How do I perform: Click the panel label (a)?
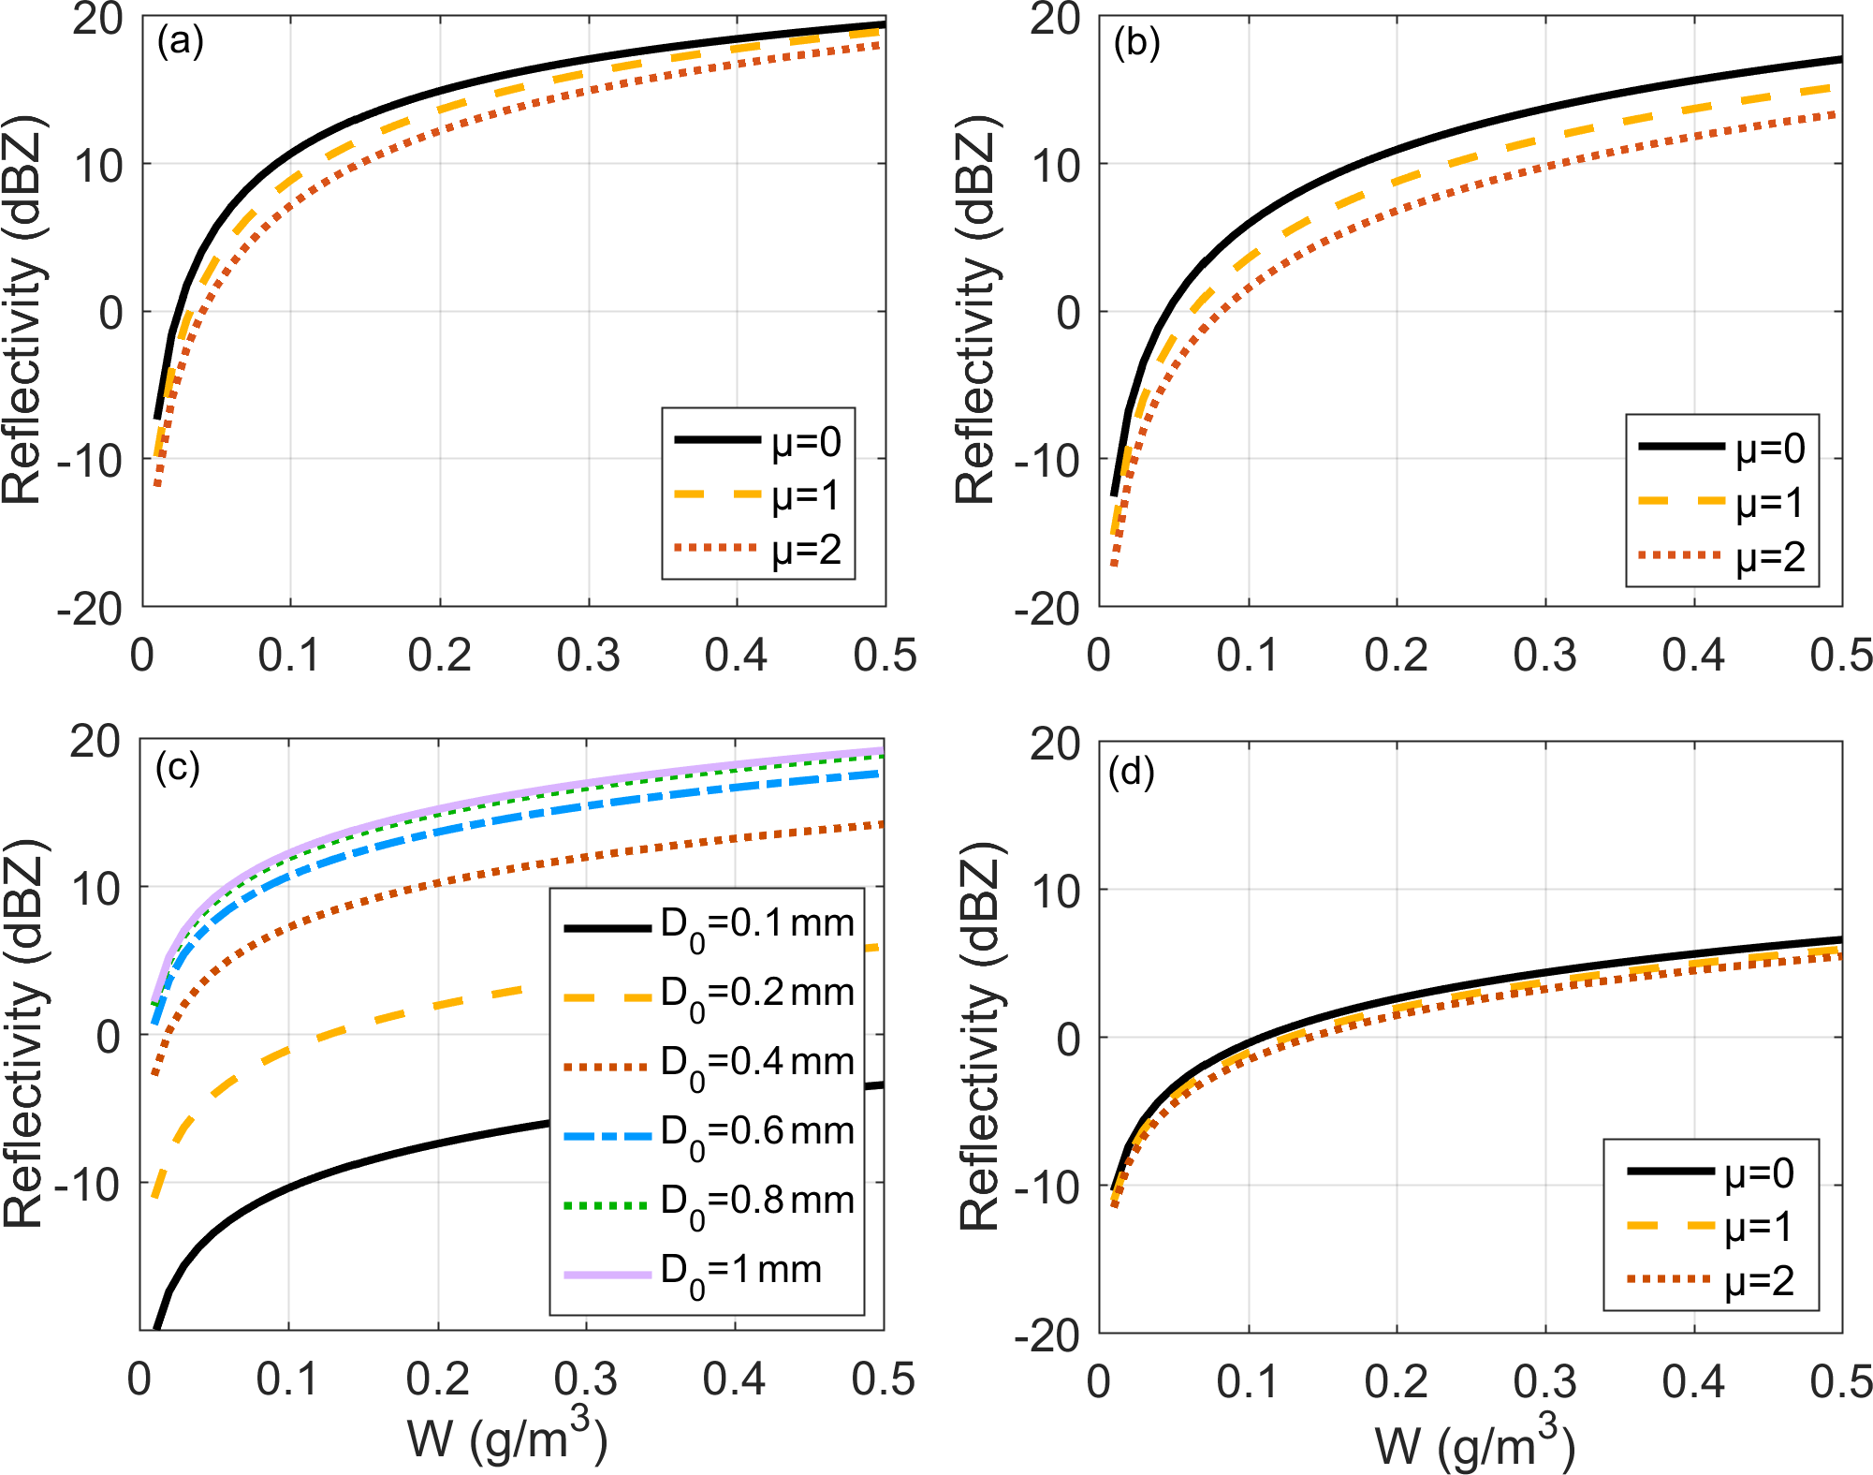pyautogui.click(x=180, y=42)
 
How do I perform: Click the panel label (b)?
pyautogui.click(x=1136, y=43)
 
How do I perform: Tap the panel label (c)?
pyautogui.click(x=178, y=768)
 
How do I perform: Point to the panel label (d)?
pyautogui.click(x=1131, y=772)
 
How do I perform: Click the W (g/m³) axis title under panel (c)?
pyautogui.click(x=507, y=1437)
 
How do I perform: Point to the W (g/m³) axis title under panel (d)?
pyautogui.click(x=1474, y=1442)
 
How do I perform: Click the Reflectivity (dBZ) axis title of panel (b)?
pyautogui.click(x=975, y=311)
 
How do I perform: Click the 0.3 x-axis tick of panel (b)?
pyautogui.click(x=1544, y=656)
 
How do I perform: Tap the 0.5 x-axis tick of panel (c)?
pyautogui.click(x=883, y=1379)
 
